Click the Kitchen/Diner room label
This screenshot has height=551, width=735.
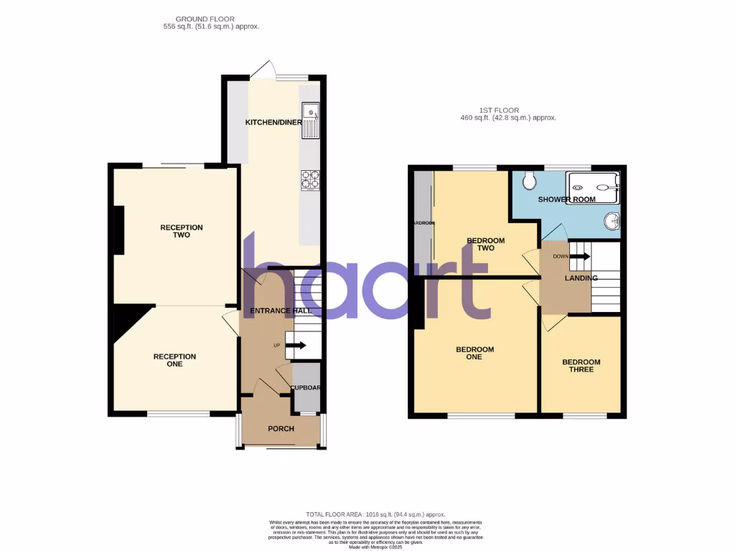[x=273, y=123]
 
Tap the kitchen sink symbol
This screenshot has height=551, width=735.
[x=311, y=120]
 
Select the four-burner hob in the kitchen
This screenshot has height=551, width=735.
[x=309, y=179]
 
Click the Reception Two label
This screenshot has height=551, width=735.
[x=181, y=231]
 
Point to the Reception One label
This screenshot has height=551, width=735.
[x=174, y=360]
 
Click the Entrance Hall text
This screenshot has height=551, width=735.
[x=279, y=311]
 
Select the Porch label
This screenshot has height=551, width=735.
[x=281, y=428]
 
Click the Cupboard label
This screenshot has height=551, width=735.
[x=305, y=388]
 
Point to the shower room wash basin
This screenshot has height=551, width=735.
[x=612, y=222]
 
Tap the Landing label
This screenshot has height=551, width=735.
[x=581, y=278]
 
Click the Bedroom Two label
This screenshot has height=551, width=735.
[x=486, y=245]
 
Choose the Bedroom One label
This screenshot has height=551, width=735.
[x=474, y=353]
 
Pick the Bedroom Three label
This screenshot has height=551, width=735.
[x=581, y=366]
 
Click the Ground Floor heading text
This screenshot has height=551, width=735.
[x=205, y=19]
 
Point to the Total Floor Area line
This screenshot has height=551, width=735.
[x=375, y=514]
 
